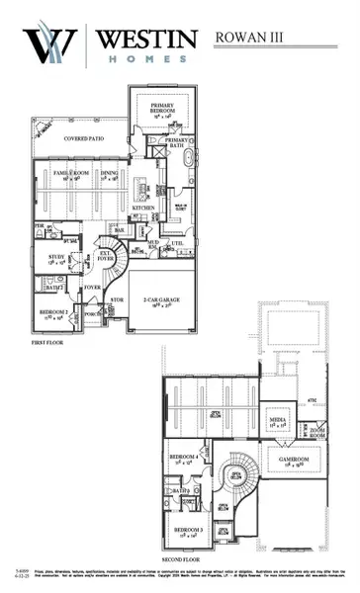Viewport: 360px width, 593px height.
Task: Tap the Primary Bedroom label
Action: pyautogui.click(x=163, y=108)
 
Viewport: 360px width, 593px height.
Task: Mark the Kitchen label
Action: pyautogui.click(x=144, y=209)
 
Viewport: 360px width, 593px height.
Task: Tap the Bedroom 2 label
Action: pyautogui.click(x=53, y=314)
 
